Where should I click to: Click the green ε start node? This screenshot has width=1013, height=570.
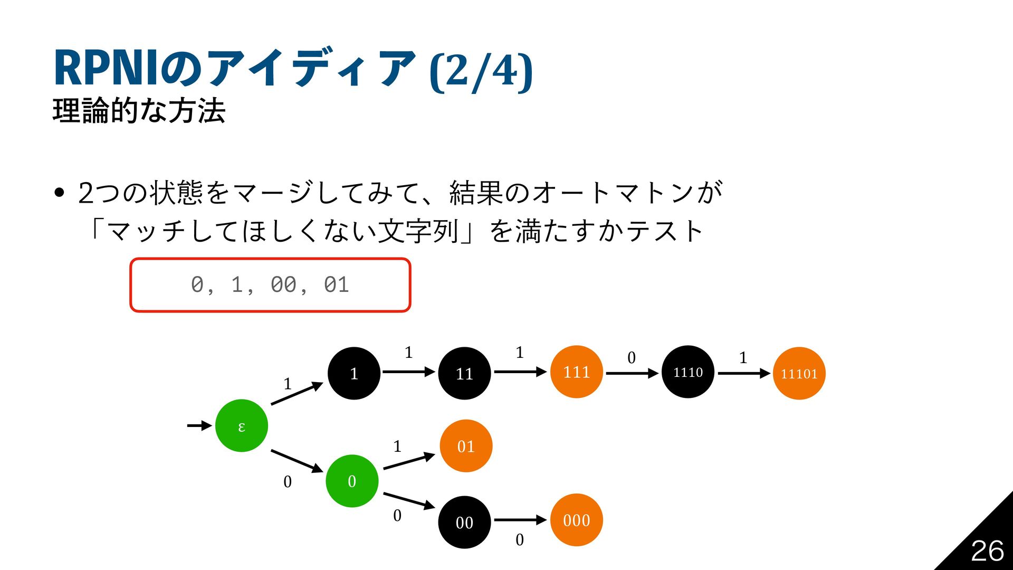242,425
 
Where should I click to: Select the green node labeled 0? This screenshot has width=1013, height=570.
352,481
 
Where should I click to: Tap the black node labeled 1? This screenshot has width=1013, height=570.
354,373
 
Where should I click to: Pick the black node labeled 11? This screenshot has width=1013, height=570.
464,373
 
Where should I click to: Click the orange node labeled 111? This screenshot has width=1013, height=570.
576,372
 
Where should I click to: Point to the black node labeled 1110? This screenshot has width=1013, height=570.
688,372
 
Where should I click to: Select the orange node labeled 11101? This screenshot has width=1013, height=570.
799,373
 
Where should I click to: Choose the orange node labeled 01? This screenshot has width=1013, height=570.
466,446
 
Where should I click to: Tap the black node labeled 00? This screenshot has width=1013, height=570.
464,522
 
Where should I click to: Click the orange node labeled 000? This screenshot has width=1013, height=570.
576,520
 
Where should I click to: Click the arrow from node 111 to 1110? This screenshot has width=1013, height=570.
632,373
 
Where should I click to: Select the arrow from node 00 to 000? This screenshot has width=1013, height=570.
520,520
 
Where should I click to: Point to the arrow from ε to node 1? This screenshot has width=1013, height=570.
296,394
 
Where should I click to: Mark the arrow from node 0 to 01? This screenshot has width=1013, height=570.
408,461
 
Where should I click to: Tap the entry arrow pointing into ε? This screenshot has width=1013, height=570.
199,425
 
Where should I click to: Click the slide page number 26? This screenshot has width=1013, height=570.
987,551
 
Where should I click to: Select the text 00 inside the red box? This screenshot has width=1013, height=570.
283,285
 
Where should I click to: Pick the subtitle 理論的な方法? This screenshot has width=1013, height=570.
139,111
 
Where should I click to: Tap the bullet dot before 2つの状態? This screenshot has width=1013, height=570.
59,193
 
